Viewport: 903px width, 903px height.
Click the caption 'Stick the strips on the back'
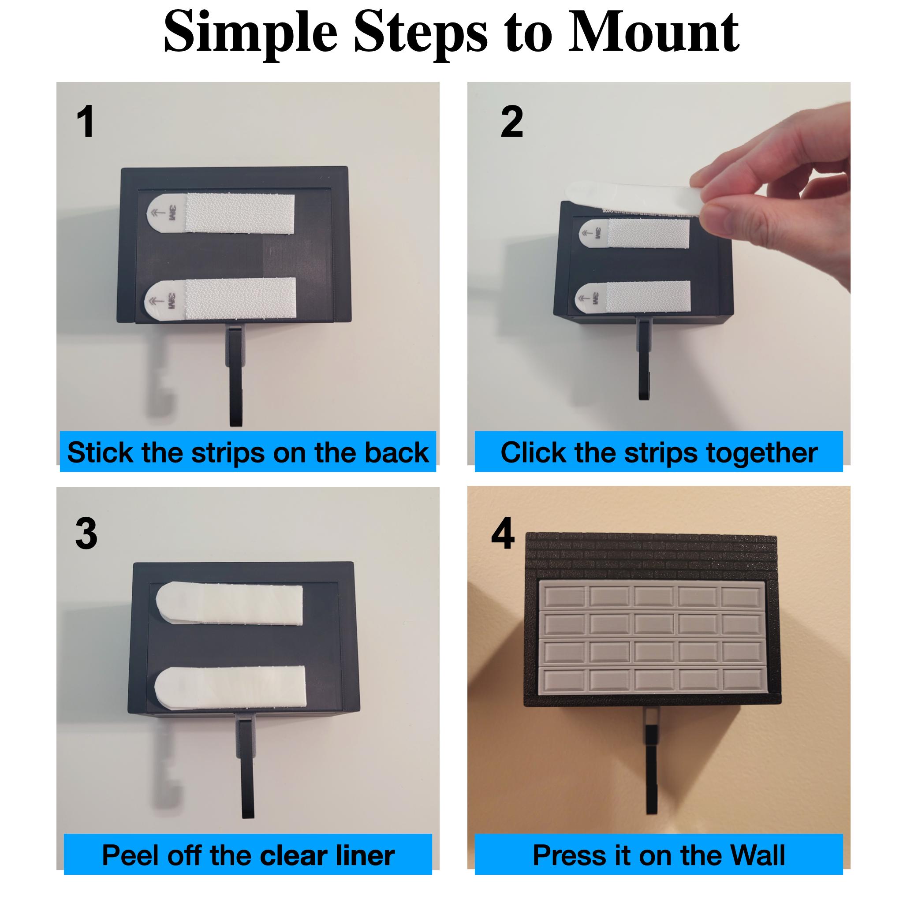click(x=248, y=452)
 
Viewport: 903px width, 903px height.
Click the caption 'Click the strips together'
click(x=659, y=452)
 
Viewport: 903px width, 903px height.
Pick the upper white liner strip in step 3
click(x=229, y=604)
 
